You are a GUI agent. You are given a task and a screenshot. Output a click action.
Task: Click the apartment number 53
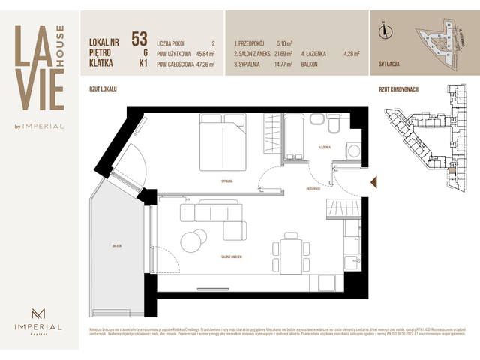coord(139,38)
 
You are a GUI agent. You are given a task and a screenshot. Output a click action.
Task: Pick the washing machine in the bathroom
coord(352,151)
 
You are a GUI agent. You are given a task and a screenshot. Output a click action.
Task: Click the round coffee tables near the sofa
coord(195,240)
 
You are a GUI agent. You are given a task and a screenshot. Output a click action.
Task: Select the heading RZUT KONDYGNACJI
coord(399,89)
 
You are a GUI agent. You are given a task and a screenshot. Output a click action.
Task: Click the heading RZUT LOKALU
coord(103,89)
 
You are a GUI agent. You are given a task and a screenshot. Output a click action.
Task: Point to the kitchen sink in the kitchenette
coord(350,262)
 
